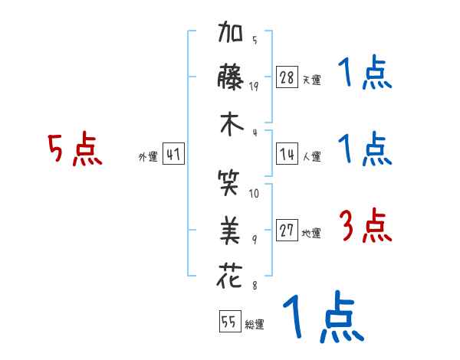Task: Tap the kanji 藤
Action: coord(231,79)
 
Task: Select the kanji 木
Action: coord(231,126)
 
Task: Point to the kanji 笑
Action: coord(231,185)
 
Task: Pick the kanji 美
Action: coord(231,227)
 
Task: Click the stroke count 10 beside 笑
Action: coord(255,193)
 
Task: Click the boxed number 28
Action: coord(287,77)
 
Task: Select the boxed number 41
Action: coord(173,154)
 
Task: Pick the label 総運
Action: coord(255,325)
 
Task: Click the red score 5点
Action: coord(74,150)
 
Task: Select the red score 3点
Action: coord(365,227)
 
